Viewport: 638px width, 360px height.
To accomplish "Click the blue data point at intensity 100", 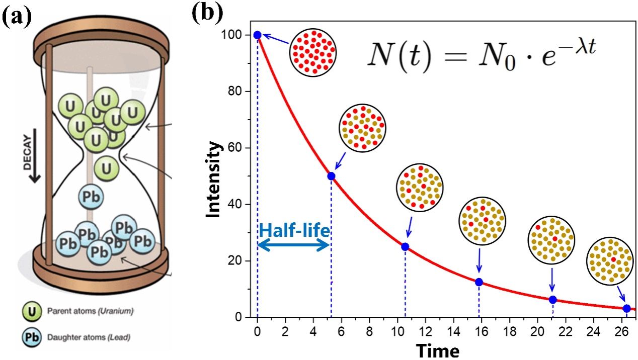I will pyautogui.click(x=257, y=35).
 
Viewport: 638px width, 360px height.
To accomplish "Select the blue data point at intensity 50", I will pyautogui.click(x=331, y=176).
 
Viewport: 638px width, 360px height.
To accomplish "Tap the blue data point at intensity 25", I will pyautogui.click(x=405, y=246).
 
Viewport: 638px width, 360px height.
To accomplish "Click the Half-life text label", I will pyautogui.click(x=294, y=230).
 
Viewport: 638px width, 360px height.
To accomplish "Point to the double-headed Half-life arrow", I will pyautogui.click(x=293, y=245).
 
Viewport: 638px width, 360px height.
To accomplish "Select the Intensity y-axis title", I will pyautogui.click(x=214, y=179).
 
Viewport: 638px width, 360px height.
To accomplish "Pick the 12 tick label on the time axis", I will pyautogui.click(x=426, y=332).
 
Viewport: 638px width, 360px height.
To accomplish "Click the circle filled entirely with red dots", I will pyautogui.click(x=312, y=52).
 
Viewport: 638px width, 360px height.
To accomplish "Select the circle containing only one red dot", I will pyautogui.click(x=610, y=261).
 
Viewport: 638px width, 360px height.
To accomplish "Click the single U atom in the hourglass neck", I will pyautogui.click(x=106, y=165).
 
